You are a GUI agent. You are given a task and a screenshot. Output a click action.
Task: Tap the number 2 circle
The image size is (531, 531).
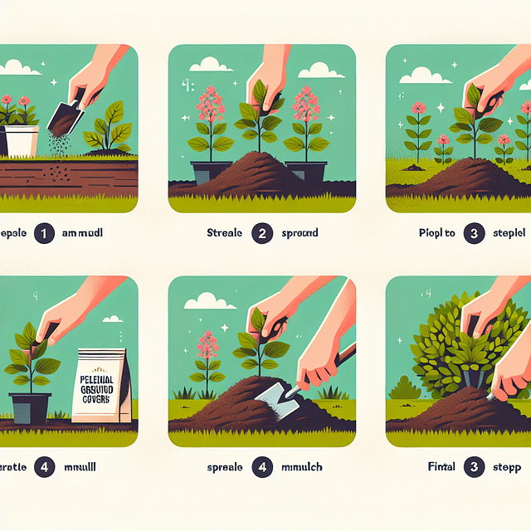(x=262, y=234)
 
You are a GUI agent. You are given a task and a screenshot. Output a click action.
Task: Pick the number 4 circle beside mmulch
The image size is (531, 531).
(x=262, y=467)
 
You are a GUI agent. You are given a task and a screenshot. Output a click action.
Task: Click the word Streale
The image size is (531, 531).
(x=224, y=234)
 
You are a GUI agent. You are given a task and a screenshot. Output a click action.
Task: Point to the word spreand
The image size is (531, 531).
(x=301, y=234)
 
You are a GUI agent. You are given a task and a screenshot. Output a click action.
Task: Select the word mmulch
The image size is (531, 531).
(x=304, y=467)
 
